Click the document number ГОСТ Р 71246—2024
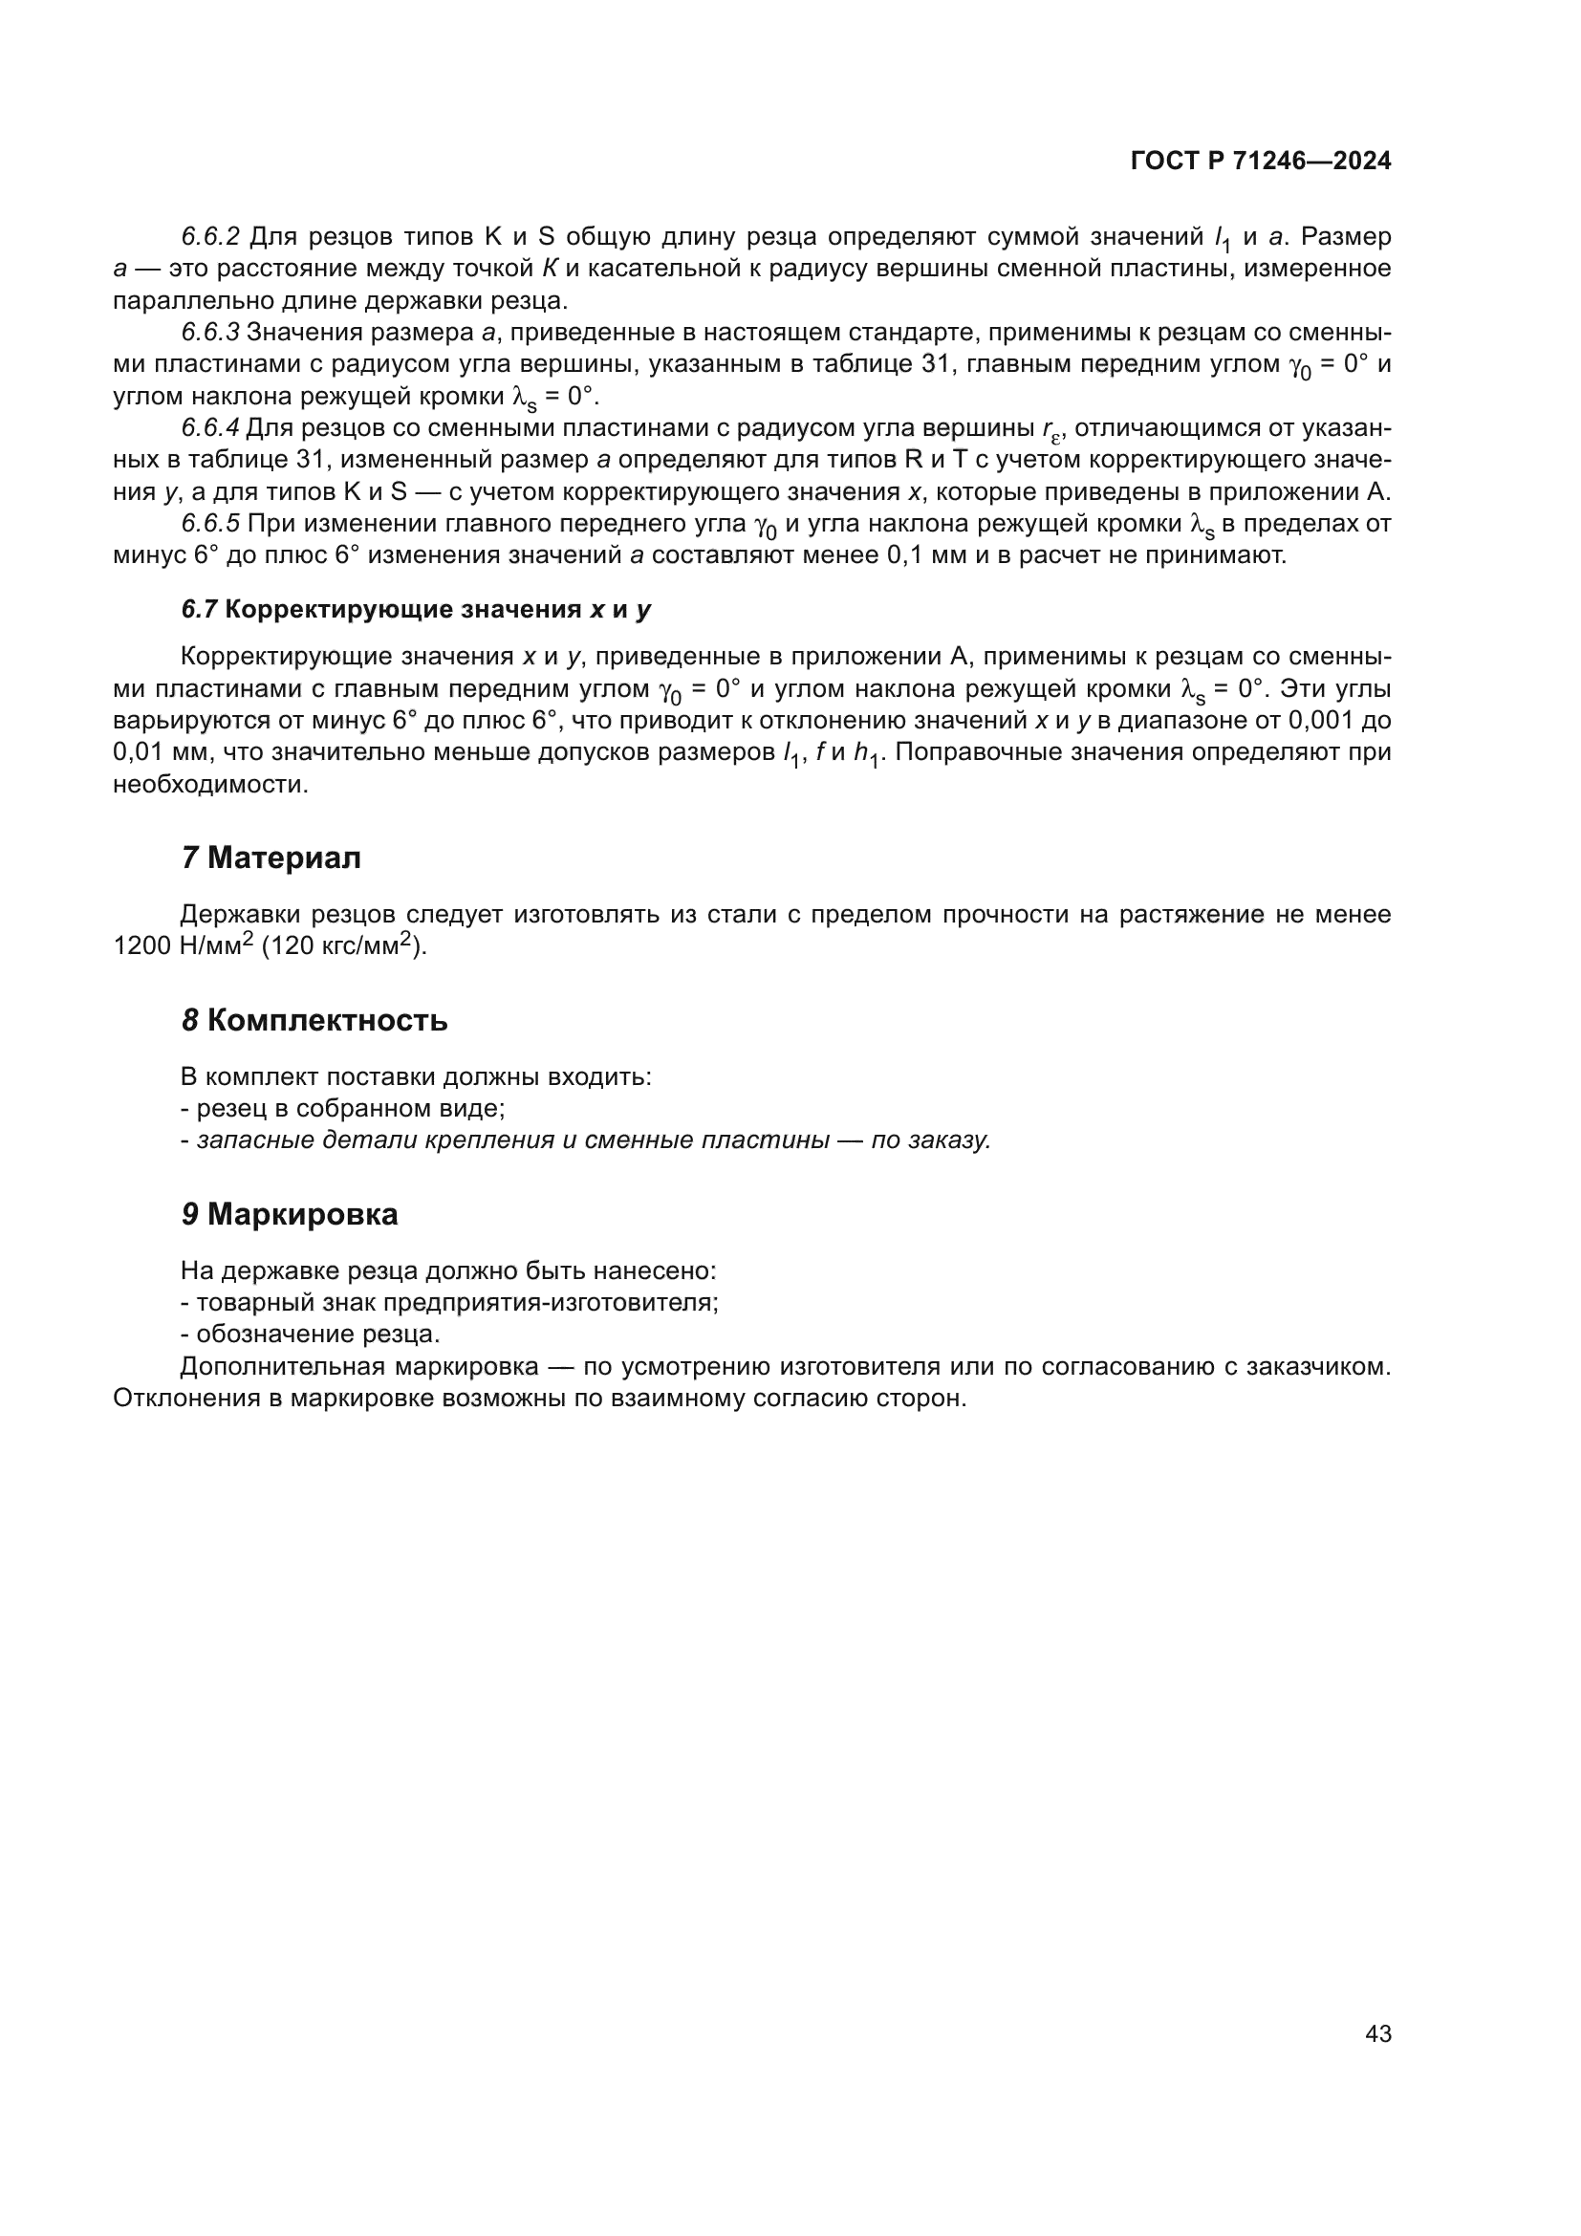click(x=1261, y=161)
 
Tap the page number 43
click(x=1377, y=2033)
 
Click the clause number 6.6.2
click(x=210, y=237)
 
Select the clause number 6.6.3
click(x=210, y=332)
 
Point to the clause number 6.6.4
click(x=210, y=427)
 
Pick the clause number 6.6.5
click(x=210, y=524)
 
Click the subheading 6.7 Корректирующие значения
click(x=416, y=610)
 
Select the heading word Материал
click(x=283, y=857)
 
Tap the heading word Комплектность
click(x=327, y=1021)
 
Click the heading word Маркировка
click(x=302, y=1214)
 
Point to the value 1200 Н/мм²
click(x=183, y=944)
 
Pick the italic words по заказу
click(x=930, y=1140)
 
